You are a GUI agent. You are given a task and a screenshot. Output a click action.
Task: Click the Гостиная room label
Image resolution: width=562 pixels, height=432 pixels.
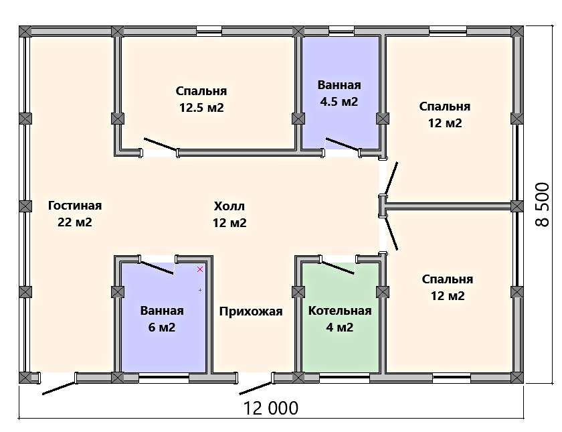pyautogui.click(x=75, y=206)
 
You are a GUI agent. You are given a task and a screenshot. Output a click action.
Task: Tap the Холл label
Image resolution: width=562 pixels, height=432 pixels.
pyautogui.click(x=229, y=206)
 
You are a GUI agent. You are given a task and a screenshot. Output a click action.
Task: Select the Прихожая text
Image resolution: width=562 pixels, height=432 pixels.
pyautogui.click(x=251, y=311)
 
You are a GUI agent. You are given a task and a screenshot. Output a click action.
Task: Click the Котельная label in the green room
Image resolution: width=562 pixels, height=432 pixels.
pyautogui.click(x=340, y=311)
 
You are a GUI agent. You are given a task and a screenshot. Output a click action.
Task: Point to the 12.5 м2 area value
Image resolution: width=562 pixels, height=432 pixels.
pyautogui.click(x=201, y=108)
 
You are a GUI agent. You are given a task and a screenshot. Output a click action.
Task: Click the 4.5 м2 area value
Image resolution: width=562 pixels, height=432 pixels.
pyautogui.click(x=339, y=102)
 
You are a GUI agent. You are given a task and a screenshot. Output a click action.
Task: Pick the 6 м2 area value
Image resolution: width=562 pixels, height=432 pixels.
pyautogui.click(x=162, y=328)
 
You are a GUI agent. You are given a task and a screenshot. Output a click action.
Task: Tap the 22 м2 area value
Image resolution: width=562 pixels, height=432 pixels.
pyautogui.click(x=75, y=222)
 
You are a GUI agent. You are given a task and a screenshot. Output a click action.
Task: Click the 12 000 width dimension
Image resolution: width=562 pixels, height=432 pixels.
pyautogui.click(x=270, y=409)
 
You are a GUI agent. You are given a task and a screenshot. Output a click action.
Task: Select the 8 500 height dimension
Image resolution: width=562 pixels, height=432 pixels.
pyautogui.click(x=543, y=204)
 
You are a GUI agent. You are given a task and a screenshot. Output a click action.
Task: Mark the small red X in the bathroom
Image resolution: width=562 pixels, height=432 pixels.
pyautogui.click(x=200, y=269)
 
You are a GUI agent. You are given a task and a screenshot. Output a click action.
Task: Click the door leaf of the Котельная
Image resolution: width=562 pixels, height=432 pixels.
pyautogui.click(x=338, y=267)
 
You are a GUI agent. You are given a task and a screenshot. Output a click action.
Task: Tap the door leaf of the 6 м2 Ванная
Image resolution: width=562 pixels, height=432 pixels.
pyautogui.click(x=157, y=267)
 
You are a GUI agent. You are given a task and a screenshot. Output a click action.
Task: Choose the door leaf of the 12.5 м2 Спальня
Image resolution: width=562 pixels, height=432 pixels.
pyautogui.click(x=160, y=144)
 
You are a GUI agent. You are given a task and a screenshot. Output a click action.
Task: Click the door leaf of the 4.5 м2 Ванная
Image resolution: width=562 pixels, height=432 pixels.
pyautogui.click(x=342, y=144)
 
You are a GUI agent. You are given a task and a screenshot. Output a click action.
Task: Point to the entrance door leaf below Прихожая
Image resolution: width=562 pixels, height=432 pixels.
pyautogui.click(x=256, y=388)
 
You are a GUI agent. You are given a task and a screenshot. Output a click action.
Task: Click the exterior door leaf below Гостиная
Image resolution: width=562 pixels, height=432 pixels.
pyautogui.click(x=59, y=388)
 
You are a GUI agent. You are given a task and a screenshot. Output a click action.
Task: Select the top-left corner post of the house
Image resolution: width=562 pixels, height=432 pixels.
pyautogui.click(x=25, y=31)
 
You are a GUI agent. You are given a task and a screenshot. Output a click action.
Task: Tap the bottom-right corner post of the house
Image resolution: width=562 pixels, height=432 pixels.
pyautogui.click(x=517, y=377)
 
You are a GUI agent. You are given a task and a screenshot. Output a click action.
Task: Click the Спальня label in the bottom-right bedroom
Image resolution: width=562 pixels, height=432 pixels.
pyautogui.click(x=448, y=279)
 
